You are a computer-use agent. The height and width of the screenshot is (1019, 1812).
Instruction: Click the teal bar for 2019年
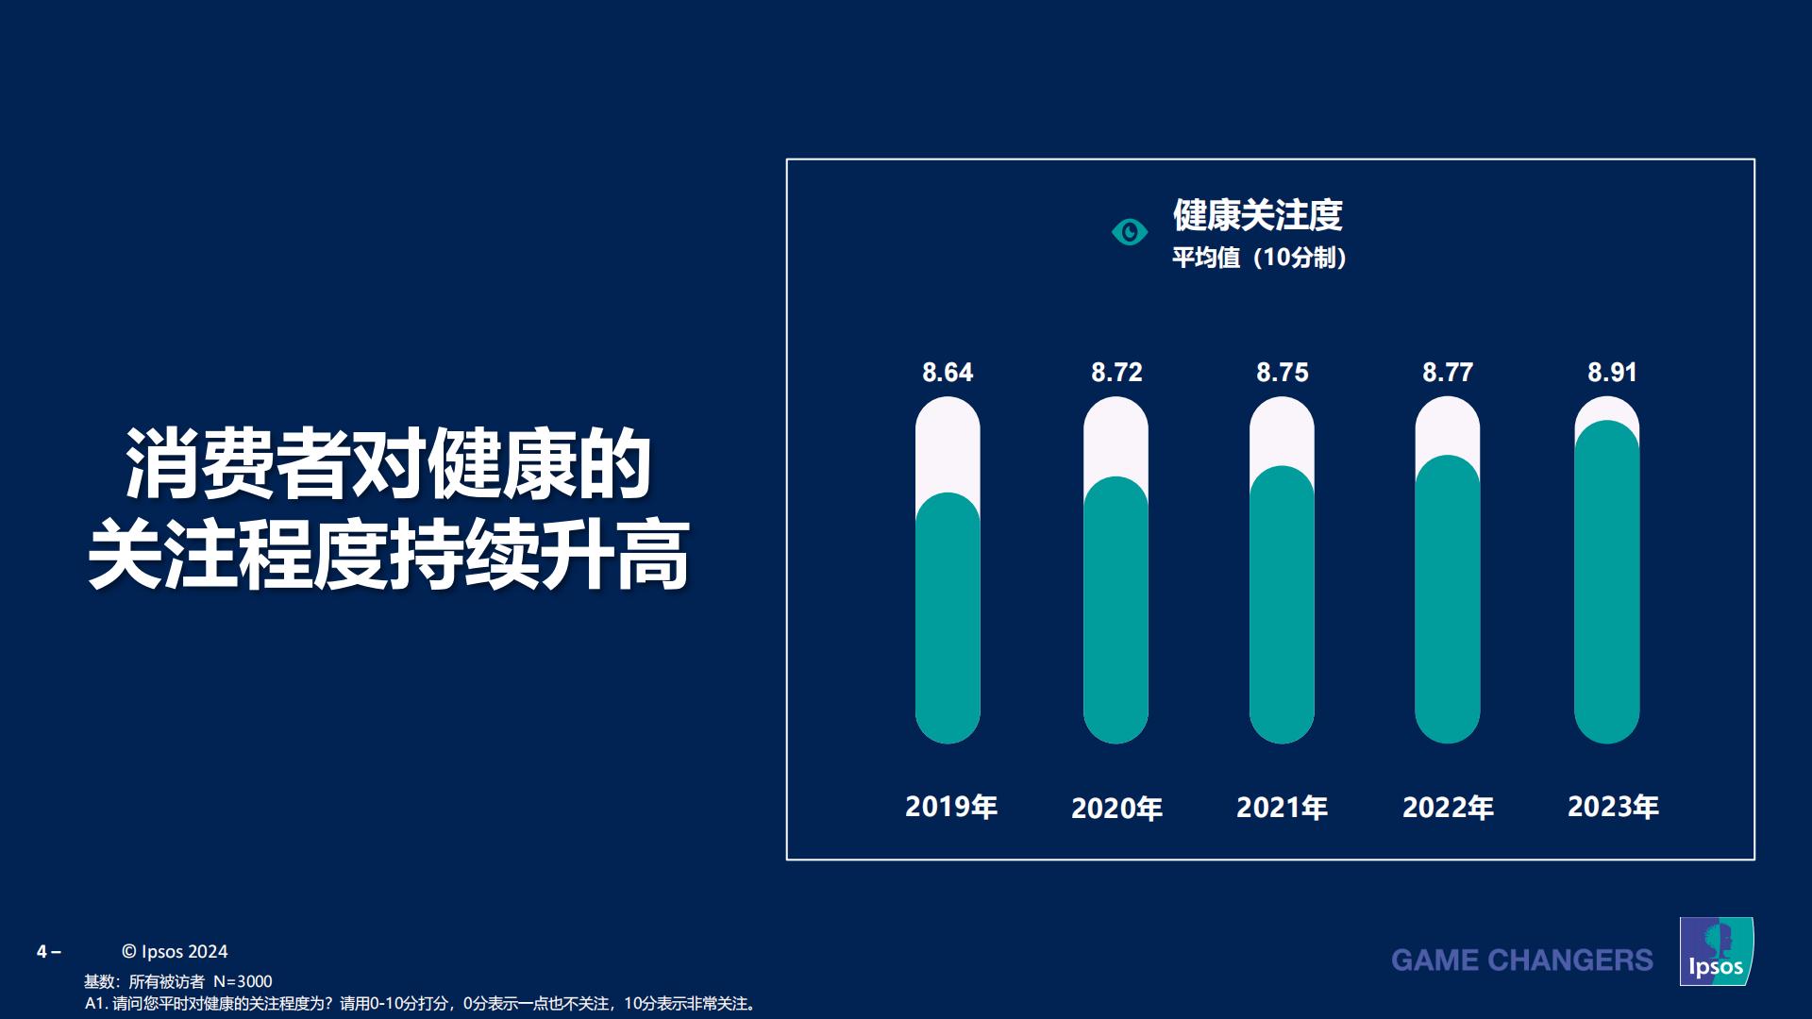coord(948,618)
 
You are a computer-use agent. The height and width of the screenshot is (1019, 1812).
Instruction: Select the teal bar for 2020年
coord(1116,610)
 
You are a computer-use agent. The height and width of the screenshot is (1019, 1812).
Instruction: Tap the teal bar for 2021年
coord(1282,605)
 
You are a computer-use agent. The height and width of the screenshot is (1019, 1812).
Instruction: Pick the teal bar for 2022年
coord(1447,599)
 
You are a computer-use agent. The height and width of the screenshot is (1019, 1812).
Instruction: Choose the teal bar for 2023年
coord(1606,582)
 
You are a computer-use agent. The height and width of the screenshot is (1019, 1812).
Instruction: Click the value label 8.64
coord(948,373)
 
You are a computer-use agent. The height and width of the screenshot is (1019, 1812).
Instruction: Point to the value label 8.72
coord(1116,373)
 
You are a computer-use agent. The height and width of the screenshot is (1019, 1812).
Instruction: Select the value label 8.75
coord(1282,373)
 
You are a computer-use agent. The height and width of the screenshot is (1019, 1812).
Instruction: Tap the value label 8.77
coord(1447,373)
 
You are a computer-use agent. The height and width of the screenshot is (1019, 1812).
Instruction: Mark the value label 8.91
coord(1612,373)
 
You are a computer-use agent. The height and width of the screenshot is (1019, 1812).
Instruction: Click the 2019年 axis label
coord(951,807)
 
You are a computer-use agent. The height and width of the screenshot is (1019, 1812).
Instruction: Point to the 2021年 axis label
coord(1282,808)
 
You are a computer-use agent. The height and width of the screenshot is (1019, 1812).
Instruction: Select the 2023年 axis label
coord(1613,807)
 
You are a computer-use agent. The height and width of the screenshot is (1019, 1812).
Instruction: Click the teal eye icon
coord(1129,232)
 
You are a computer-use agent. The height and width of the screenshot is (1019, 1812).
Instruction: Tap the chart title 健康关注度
coord(1257,215)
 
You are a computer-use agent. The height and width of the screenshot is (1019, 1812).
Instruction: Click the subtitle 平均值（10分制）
coord(1259,258)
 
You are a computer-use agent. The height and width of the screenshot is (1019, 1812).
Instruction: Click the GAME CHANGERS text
coord(1521,961)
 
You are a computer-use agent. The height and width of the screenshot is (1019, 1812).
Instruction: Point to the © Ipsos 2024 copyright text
coord(175,952)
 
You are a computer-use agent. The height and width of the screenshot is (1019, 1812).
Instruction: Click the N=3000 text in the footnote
coord(243,981)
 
